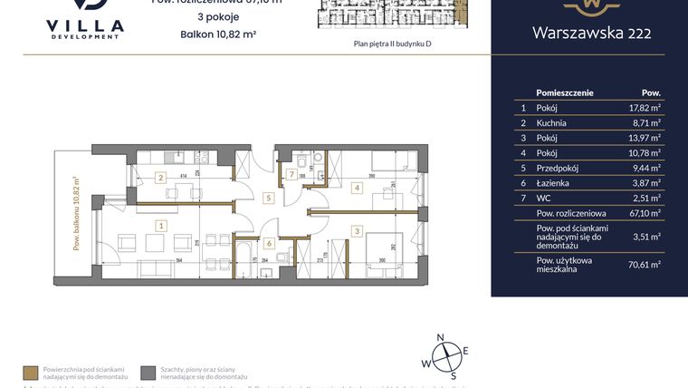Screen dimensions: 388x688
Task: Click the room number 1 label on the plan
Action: [x=160, y=225]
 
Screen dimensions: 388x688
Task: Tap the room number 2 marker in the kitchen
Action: [x=160, y=178]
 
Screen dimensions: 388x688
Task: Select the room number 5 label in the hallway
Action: [x=268, y=197]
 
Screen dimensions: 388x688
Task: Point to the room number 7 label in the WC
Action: [x=291, y=174]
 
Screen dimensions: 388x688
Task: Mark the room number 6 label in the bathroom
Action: [x=269, y=242]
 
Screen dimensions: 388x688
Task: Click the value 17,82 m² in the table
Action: [x=644, y=107]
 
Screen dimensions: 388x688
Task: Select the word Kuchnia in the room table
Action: [x=551, y=122]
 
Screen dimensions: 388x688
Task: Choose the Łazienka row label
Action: [x=553, y=183]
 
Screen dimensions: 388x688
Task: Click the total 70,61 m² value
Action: [x=644, y=264]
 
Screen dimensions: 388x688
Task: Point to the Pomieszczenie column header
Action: [x=564, y=92]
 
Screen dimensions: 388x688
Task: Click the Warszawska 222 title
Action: [x=590, y=34]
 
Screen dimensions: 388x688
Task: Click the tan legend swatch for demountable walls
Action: [x=30, y=373]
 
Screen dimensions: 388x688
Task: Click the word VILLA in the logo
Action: [x=83, y=25]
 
